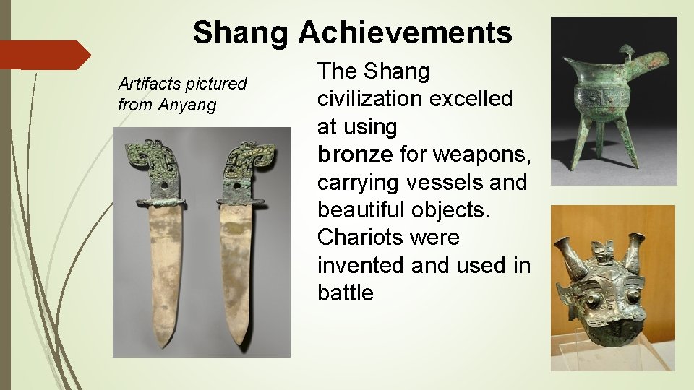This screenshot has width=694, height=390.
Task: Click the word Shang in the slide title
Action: click(x=241, y=32)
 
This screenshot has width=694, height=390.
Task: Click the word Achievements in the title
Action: click(x=405, y=32)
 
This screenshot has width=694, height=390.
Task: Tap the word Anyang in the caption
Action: click(x=187, y=105)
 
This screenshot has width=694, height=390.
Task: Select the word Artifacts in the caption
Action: click(x=150, y=84)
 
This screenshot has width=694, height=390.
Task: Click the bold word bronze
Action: click(x=354, y=155)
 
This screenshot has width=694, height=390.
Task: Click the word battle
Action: click(x=346, y=292)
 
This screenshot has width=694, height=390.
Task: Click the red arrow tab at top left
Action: click(x=43, y=55)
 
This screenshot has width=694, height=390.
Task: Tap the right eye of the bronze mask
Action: click(x=633, y=297)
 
